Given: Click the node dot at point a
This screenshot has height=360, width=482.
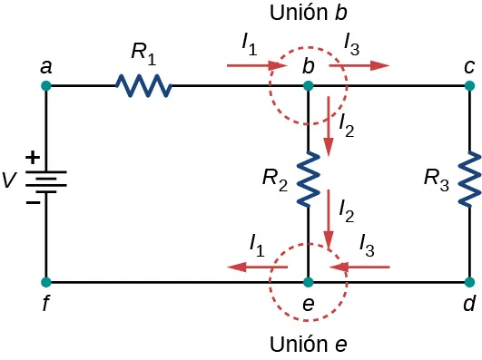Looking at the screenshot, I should click(x=46, y=86).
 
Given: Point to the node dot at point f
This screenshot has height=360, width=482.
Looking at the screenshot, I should click(x=46, y=282).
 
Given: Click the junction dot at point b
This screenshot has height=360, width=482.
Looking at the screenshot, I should click(x=309, y=86).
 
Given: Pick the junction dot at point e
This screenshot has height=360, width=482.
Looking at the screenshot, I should click(x=309, y=282).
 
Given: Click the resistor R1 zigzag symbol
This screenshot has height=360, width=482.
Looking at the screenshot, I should click(x=143, y=86).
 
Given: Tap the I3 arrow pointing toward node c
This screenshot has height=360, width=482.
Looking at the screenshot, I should click(x=359, y=65).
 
